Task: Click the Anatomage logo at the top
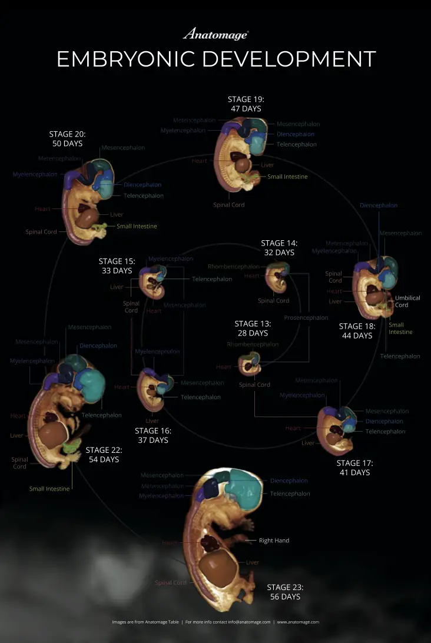[215, 34]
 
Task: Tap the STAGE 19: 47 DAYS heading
[246, 104]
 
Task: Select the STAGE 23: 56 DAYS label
[285, 592]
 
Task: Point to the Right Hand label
[274, 541]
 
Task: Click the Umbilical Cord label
[407, 301]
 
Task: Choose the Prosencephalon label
[306, 318]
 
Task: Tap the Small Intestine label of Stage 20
[137, 226]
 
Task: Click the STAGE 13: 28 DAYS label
[253, 328]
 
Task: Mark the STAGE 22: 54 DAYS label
[104, 455]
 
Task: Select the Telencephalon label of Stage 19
[296, 144]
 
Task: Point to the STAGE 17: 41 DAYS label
[354, 468]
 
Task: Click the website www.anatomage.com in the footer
[298, 622]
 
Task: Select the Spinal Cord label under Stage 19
[228, 205]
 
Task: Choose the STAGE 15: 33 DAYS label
[117, 266]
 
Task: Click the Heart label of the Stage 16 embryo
[121, 387]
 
